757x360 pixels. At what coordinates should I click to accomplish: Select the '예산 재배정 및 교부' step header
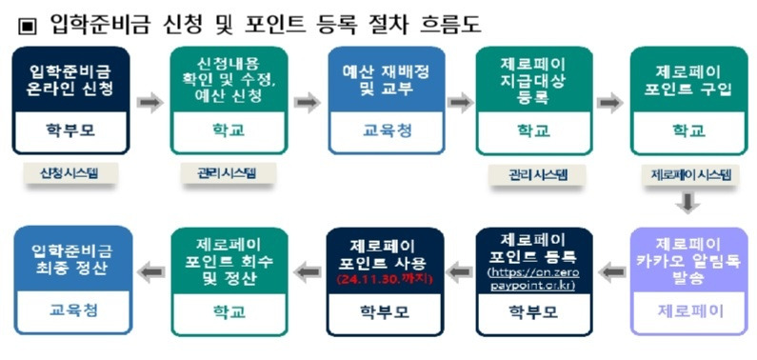click(380, 80)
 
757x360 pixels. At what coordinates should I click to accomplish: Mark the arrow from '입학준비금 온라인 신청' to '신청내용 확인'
click(149, 102)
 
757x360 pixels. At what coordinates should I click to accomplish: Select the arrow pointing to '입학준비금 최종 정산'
click(148, 273)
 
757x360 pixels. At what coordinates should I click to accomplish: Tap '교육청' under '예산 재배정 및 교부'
click(380, 132)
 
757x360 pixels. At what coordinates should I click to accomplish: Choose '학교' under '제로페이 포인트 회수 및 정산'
click(225, 310)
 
